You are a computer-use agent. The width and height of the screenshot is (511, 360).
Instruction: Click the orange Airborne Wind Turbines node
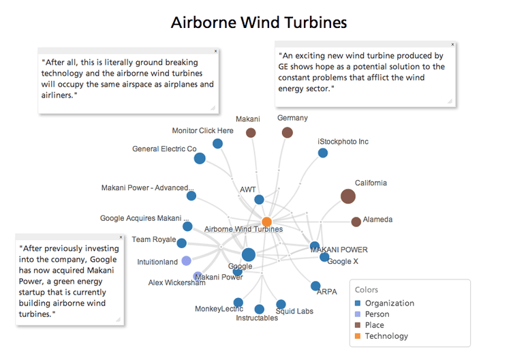pos(266,222)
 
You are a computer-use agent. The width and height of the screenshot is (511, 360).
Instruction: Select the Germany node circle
pos(287,132)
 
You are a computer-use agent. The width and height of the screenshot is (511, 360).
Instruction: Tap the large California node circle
pos(347,196)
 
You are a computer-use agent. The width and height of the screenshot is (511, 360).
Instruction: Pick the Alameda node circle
pos(356,222)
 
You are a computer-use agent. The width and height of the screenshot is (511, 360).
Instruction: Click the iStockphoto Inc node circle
pos(323,153)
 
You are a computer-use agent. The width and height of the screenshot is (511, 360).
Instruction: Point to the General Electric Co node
pos(200,159)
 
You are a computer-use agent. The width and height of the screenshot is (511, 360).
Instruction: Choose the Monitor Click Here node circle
pos(217,143)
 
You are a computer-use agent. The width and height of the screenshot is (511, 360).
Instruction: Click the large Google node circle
pos(249,255)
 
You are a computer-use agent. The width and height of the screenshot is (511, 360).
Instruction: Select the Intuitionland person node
pos(186,261)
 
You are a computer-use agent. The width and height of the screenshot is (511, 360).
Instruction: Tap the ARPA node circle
pos(315,286)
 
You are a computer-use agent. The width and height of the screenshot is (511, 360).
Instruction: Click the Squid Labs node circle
pos(281,304)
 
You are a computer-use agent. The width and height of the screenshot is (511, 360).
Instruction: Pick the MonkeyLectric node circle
pos(238,302)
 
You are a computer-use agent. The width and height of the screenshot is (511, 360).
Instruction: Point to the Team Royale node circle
pos(181,243)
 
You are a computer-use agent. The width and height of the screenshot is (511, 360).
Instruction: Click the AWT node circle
pos(259,200)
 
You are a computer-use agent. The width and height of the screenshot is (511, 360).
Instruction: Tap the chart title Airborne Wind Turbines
pos(258,22)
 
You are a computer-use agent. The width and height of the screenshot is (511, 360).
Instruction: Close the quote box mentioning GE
pos(452,44)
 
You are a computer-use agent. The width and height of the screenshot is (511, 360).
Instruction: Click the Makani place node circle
pos(251,133)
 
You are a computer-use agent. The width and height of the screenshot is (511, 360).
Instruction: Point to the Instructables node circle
pos(259,310)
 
